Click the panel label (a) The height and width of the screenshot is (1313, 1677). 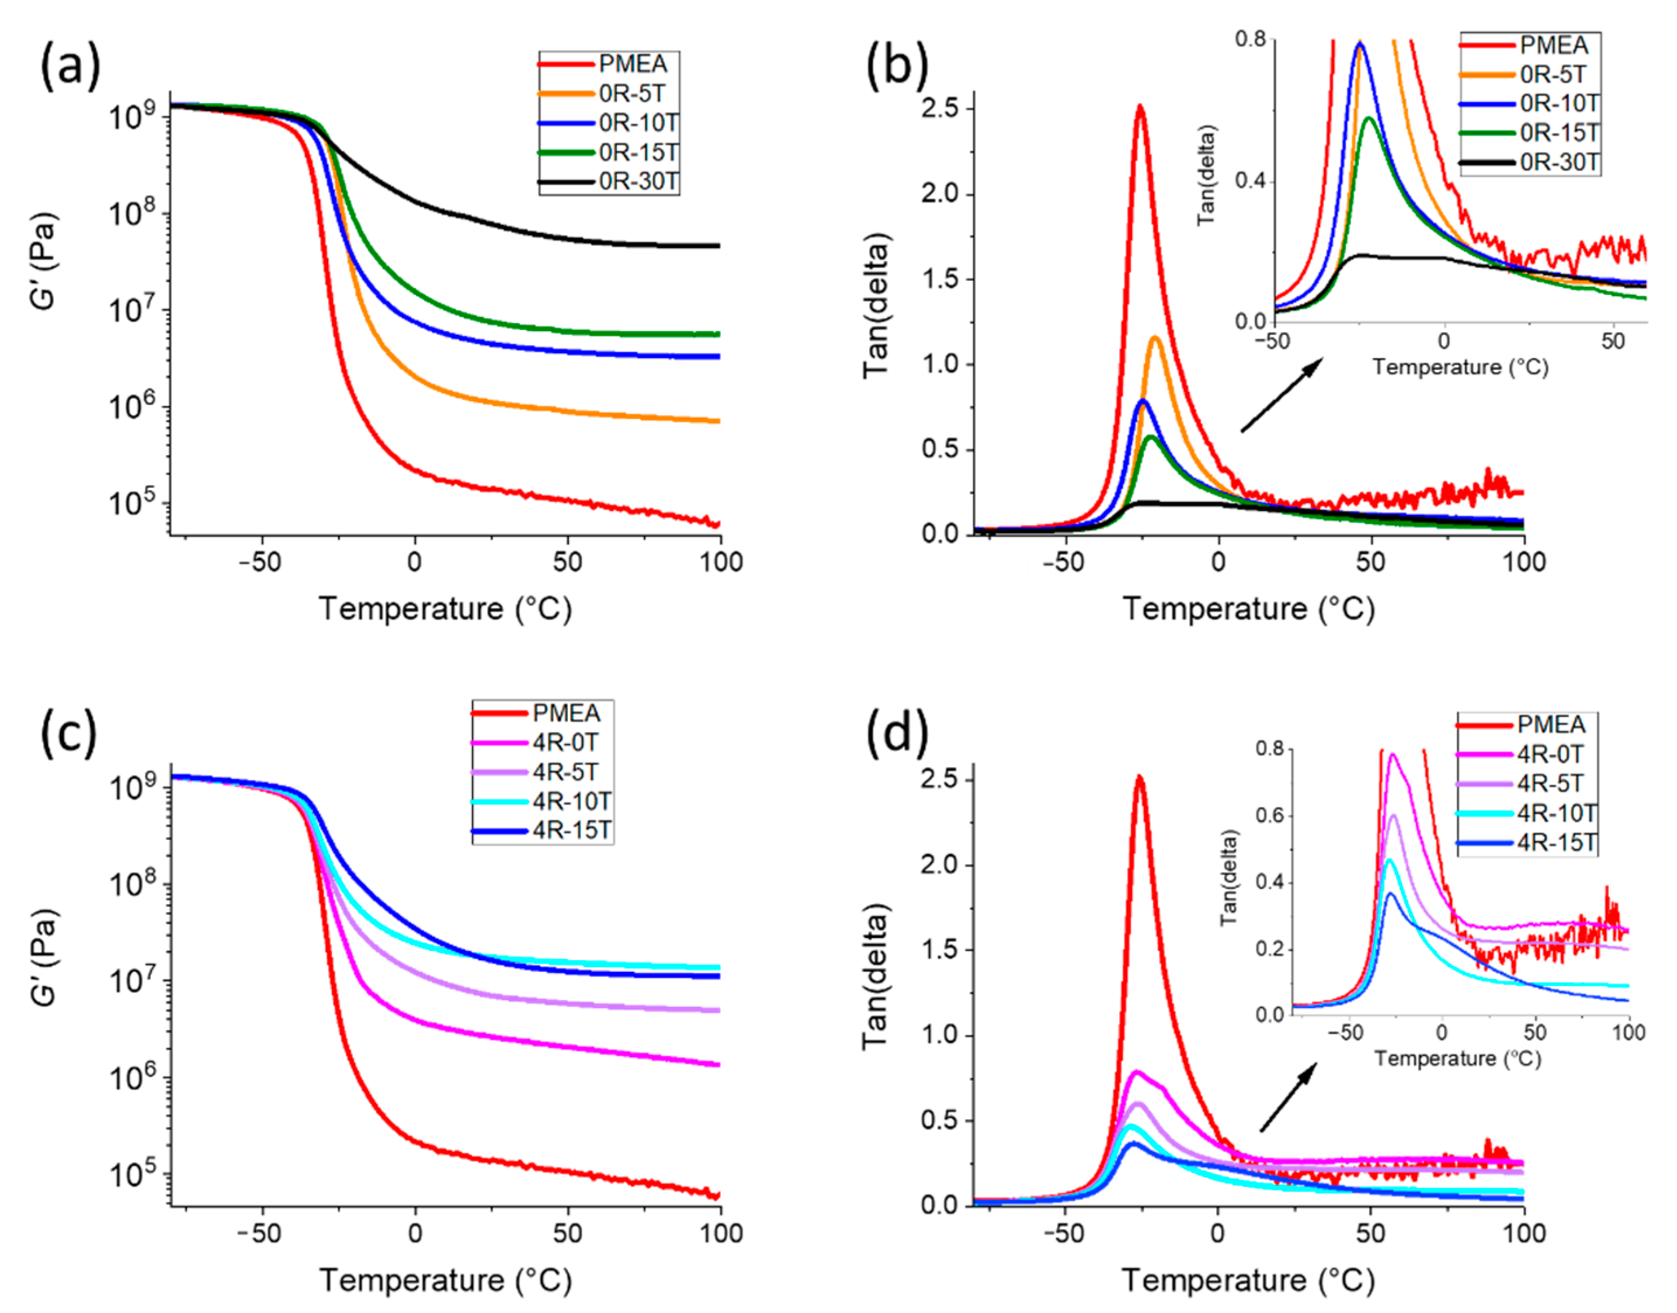pos(70,67)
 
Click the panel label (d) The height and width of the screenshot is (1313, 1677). pos(897,734)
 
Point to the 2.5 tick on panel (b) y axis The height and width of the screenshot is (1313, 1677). pos(940,109)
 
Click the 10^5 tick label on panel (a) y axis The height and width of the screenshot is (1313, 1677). pos(133,503)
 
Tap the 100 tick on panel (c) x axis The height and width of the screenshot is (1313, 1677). pos(720,1233)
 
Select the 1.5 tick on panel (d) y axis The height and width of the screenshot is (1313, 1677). pos(940,950)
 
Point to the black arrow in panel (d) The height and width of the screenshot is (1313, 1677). pos(1287,1097)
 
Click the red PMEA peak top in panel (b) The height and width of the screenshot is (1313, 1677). pos(1140,107)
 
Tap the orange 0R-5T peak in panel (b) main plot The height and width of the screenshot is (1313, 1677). pos(1155,338)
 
